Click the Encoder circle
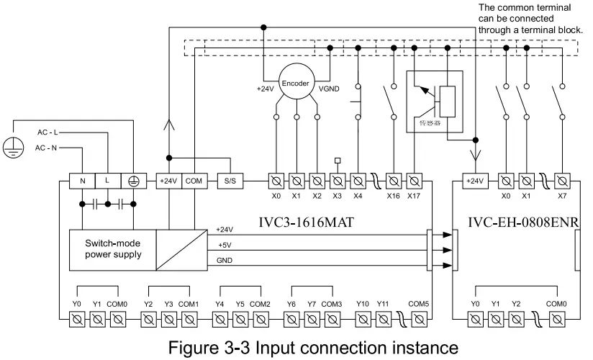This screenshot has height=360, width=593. pyautogui.click(x=295, y=84)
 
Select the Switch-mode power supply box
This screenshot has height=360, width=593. pyautogui.click(x=113, y=248)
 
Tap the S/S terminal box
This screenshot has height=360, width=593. pyautogui.click(x=230, y=180)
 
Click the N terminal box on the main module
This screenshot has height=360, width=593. pyautogui.click(x=83, y=180)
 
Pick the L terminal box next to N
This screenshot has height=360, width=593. pyautogui.click(x=108, y=180)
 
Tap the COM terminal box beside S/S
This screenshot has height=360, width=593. pyautogui.click(x=193, y=180)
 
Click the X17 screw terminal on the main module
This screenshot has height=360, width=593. pyautogui.click(x=414, y=180)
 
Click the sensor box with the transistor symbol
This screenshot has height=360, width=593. pyautogui.click(x=434, y=94)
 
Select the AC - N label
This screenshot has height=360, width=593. pyautogui.click(x=47, y=148)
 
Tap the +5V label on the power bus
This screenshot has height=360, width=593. pyautogui.click(x=225, y=246)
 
